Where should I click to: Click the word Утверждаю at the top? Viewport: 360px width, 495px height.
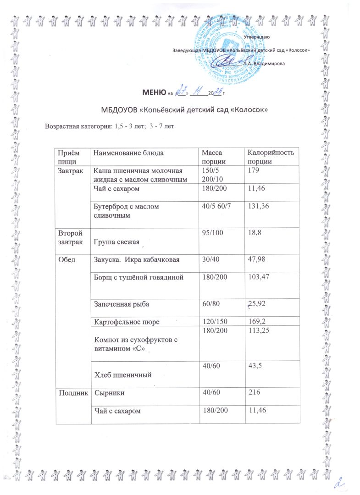257,36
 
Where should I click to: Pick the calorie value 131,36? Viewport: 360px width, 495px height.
259,207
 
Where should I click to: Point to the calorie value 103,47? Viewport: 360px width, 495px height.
259,276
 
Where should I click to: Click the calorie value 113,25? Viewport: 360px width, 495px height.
259,331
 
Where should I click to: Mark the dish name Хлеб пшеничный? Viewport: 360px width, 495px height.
123,375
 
